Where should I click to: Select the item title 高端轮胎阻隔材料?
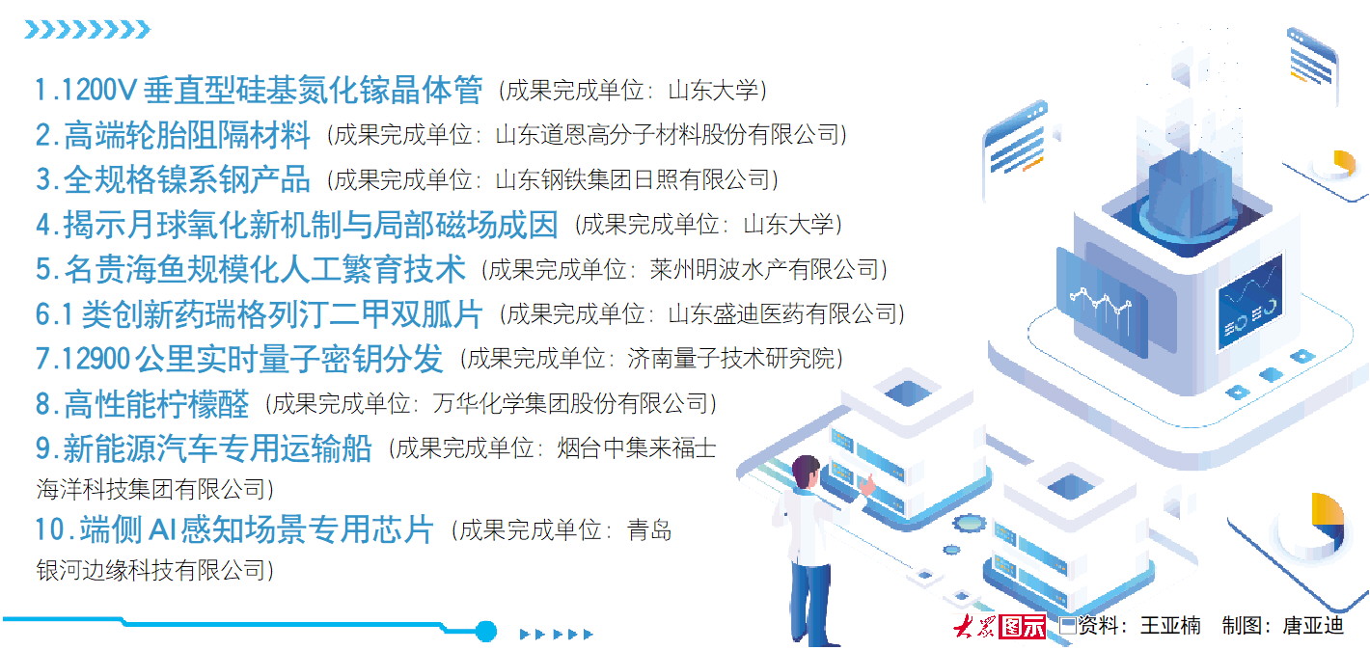coord(186,134)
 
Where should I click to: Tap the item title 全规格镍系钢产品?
coord(186,179)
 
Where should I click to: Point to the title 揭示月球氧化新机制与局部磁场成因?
coord(311,225)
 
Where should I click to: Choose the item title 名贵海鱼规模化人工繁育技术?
coord(264,269)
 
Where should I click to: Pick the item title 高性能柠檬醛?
coord(156,403)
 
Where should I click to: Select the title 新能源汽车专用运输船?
coord(217,448)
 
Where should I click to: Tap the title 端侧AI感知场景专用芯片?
coord(257,529)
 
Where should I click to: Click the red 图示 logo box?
coord(1022,626)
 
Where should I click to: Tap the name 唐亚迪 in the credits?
coord(1313,626)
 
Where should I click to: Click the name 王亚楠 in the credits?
coord(1170,626)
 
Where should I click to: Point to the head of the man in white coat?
coord(806,472)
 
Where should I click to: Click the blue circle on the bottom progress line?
coord(485,631)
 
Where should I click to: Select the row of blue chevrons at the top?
coord(87,29)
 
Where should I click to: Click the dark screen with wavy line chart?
coord(1249,302)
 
